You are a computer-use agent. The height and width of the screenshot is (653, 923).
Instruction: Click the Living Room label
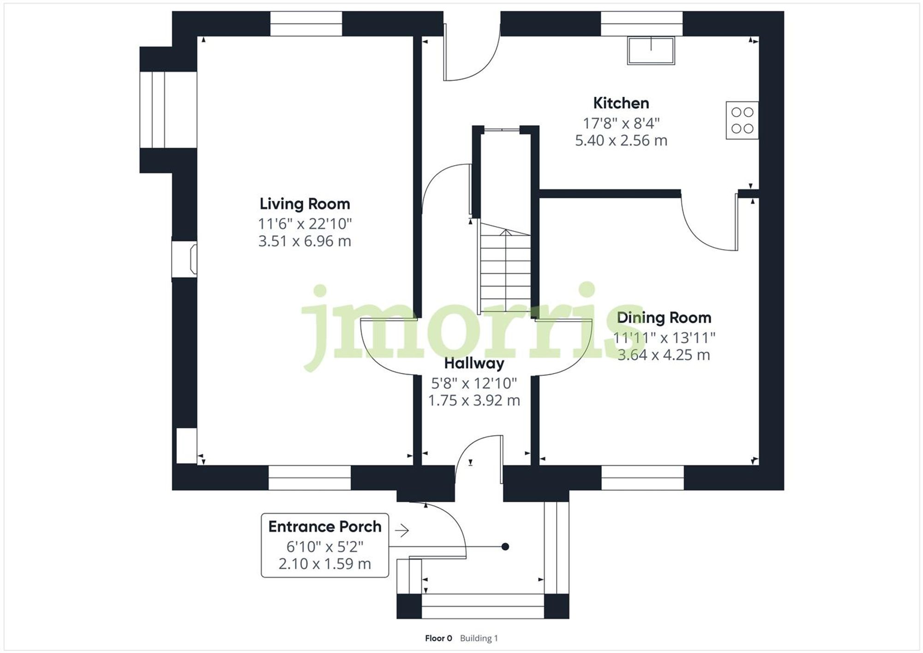pyautogui.click(x=305, y=204)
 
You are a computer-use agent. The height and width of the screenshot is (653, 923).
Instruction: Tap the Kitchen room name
pyautogui.click(x=621, y=103)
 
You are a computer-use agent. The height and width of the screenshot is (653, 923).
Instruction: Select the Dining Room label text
pyautogui.click(x=664, y=318)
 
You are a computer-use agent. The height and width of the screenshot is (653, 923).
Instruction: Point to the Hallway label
pyautogui.click(x=474, y=363)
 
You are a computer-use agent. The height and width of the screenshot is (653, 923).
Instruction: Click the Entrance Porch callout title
pyautogui.click(x=325, y=527)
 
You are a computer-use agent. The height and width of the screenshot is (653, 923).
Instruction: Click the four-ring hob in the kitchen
pyautogui.click(x=742, y=120)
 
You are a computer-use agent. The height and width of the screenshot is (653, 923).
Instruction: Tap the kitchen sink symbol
pyautogui.click(x=651, y=50)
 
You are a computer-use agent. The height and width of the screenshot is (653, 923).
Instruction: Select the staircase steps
pyautogui.click(x=505, y=270)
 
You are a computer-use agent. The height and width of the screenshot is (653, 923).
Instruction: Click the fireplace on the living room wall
pyautogui.click(x=185, y=259)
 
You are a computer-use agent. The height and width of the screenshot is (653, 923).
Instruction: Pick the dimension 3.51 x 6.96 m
pyautogui.click(x=305, y=241)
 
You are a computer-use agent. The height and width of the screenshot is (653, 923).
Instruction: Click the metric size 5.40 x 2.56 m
pyautogui.click(x=621, y=140)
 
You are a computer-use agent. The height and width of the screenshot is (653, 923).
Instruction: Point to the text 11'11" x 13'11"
pyautogui.click(x=664, y=338)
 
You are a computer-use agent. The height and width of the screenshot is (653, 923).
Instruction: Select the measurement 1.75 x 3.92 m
pyautogui.click(x=474, y=400)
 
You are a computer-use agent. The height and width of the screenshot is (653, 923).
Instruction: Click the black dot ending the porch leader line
pyautogui.click(x=505, y=546)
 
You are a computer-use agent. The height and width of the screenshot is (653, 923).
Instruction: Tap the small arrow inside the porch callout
pyautogui.click(x=402, y=531)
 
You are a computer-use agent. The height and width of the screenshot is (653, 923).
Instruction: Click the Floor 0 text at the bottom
pyautogui.click(x=438, y=638)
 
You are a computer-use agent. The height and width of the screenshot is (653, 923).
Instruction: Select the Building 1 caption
pyautogui.click(x=479, y=638)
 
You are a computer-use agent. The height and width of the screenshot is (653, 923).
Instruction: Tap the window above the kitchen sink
pyautogui.click(x=641, y=24)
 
